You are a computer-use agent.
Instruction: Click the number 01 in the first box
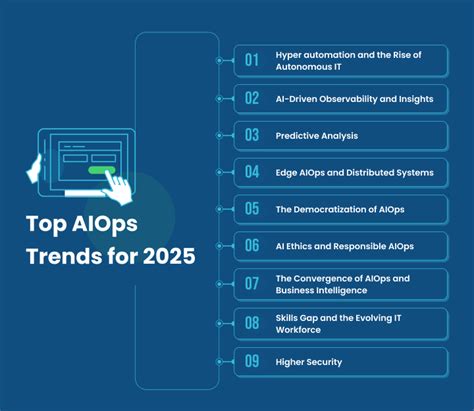click(x=252, y=60)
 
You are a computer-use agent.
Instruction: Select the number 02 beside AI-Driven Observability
click(x=252, y=98)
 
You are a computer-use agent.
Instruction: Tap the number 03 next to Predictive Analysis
click(x=252, y=135)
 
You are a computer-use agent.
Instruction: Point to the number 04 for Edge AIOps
click(x=252, y=172)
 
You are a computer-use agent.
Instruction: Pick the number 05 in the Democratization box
click(x=252, y=209)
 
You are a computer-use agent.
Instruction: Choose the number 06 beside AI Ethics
click(x=252, y=246)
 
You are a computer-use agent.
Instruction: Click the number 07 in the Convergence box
click(x=252, y=284)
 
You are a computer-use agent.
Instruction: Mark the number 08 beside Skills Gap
click(x=252, y=322)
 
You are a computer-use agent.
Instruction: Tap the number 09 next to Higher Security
click(x=252, y=360)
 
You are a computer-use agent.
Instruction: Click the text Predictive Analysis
click(x=316, y=135)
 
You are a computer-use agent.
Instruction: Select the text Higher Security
click(x=308, y=360)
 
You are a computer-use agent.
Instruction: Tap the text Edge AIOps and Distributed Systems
click(x=353, y=172)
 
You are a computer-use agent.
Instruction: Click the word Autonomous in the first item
click(x=304, y=67)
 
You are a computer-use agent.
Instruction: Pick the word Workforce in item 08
click(x=298, y=329)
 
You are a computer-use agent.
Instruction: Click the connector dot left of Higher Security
click(x=219, y=360)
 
